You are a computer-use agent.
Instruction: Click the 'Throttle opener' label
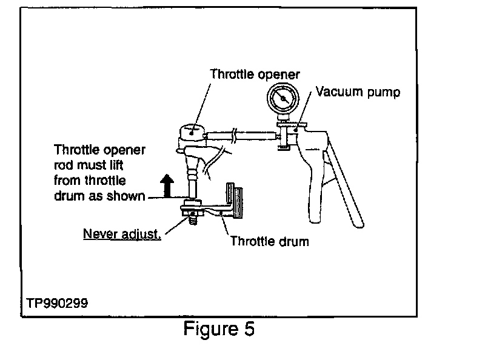[x=255, y=74]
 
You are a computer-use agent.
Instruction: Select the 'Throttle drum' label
[x=269, y=241]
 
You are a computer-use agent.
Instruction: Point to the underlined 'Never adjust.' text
[x=122, y=234]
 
